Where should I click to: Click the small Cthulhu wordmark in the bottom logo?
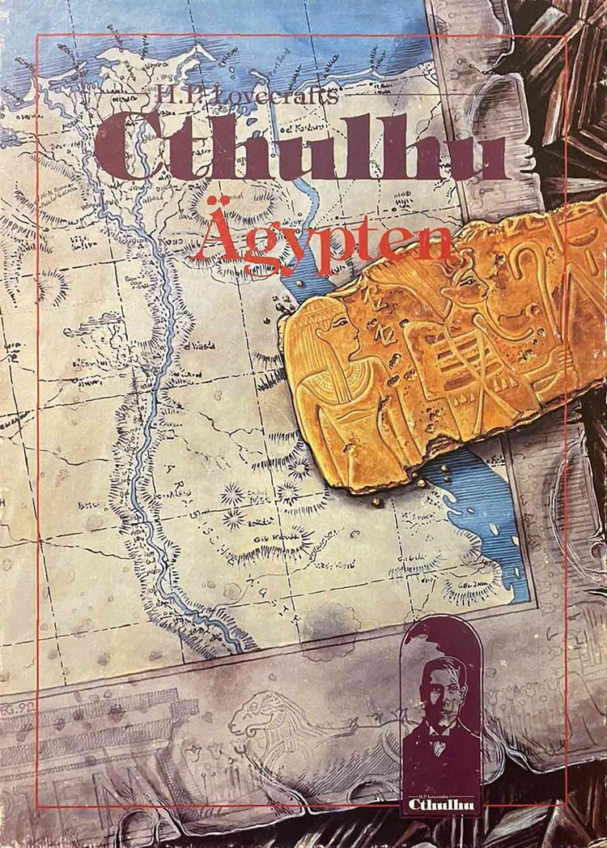click(441, 804)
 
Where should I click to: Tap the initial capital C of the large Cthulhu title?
click(129, 146)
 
